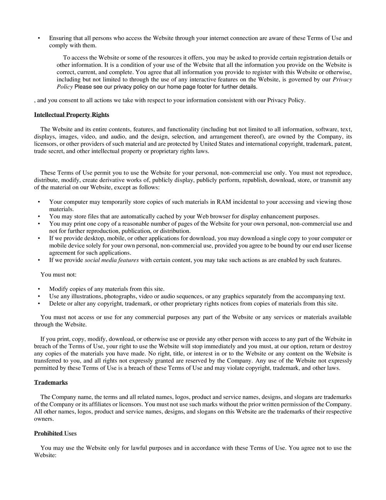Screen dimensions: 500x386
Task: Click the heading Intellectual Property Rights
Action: pyautogui.click(x=71, y=115)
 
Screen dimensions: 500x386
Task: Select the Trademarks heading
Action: pyautogui.click(x=51, y=383)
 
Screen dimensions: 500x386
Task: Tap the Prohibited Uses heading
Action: pyautogui.click(x=55, y=434)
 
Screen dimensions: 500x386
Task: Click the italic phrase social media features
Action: pyautogui.click(x=112, y=260)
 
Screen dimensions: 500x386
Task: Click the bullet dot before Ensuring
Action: pyautogui.click(x=39, y=38)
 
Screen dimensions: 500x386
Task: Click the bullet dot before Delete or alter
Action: pyautogui.click(x=39, y=304)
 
